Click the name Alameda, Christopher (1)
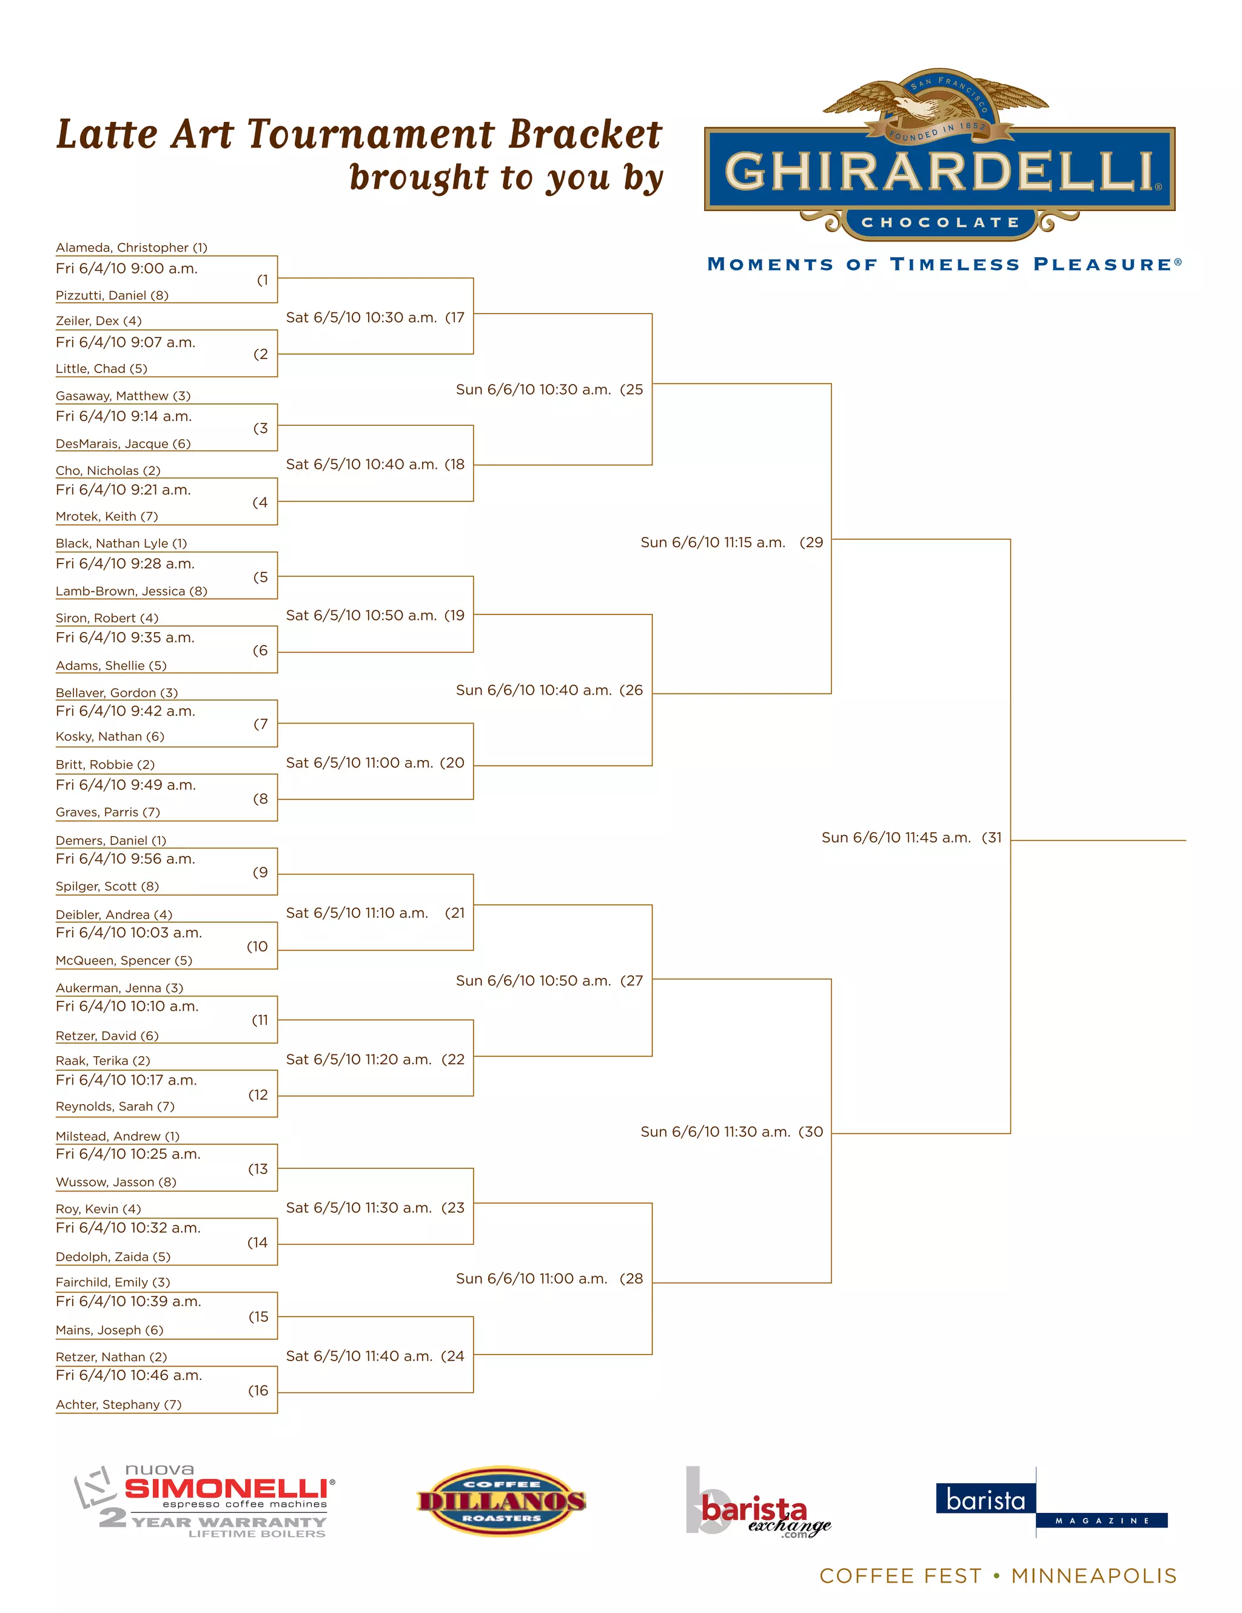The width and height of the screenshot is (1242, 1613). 132,248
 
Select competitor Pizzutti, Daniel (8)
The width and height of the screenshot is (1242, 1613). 112,295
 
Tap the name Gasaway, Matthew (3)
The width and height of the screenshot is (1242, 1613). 123,396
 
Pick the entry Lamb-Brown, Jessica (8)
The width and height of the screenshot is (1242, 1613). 132,591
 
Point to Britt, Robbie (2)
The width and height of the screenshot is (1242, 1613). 105,764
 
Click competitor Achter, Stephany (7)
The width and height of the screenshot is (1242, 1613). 119,1404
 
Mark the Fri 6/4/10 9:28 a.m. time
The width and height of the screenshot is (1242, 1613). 126,564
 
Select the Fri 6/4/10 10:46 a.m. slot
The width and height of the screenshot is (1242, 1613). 129,1375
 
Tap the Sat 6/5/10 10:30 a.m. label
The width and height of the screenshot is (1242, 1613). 361,318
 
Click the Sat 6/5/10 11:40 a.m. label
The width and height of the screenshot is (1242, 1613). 359,1356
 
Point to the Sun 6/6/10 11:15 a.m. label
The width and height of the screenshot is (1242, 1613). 713,542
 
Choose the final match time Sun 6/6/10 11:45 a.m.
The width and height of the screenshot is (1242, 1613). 896,838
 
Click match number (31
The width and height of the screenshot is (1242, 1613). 992,838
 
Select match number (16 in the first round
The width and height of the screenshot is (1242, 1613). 258,1391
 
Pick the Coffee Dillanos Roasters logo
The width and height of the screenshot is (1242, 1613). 502,1501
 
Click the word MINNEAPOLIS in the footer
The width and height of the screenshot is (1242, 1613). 1093,1576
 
